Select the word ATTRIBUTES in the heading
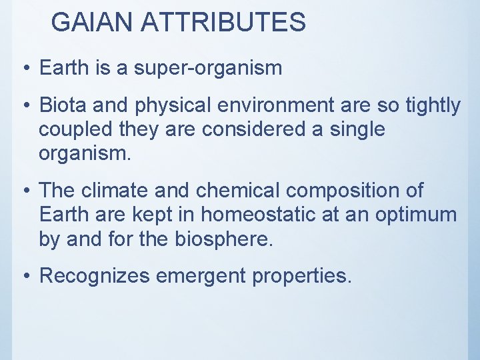point(223,23)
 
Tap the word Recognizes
point(95,276)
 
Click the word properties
point(302,276)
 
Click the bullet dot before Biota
point(25,106)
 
